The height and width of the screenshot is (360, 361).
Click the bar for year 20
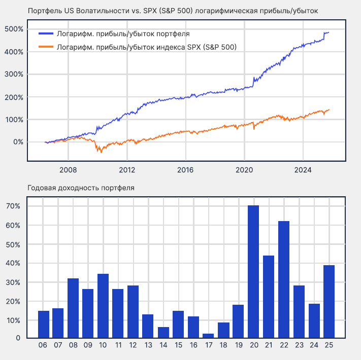[x=253, y=272]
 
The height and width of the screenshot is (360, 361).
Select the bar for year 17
[x=209, y=336]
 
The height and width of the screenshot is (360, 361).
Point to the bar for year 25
[x=329, y=302]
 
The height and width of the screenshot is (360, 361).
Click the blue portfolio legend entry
[x=115, y=34]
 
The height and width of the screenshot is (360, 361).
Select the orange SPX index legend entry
[x=137, y=47]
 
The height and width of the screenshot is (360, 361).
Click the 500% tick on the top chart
[x=14, y=29]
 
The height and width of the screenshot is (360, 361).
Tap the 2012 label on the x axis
[x=127, y=169]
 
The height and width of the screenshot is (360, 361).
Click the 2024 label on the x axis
[x=303, y=169]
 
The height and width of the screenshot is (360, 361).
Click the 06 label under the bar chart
[x=43, y=345]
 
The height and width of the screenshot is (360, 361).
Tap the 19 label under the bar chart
[x=239, y=345]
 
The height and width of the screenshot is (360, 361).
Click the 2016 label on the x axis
[x=186, y=169]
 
